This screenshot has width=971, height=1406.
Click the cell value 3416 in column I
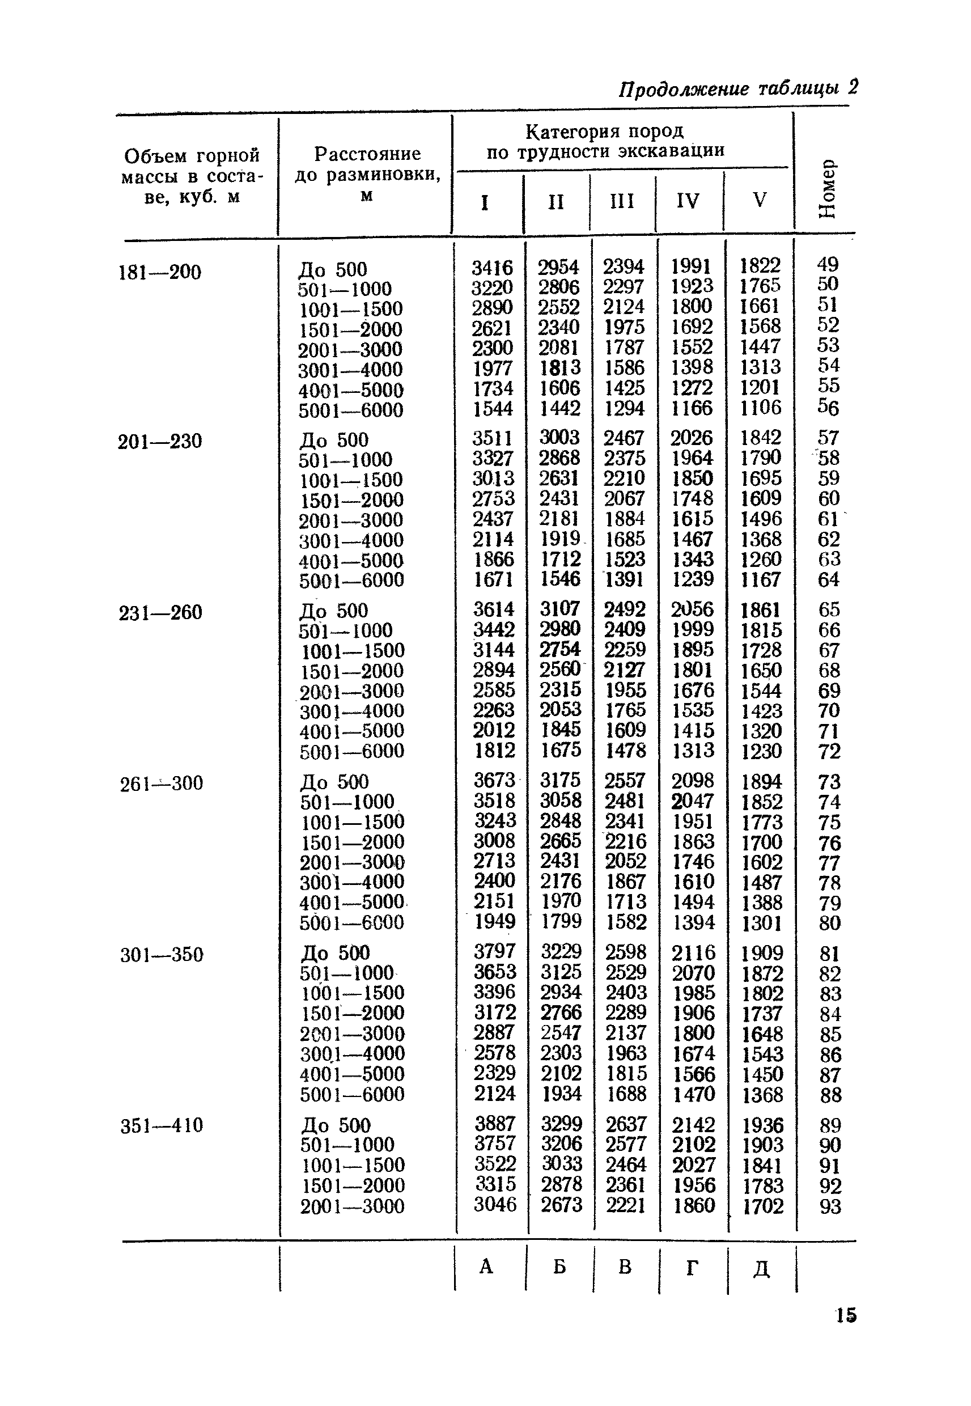coord(492,268)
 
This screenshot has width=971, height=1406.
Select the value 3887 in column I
coord(495,1124)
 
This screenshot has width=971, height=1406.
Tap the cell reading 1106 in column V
coord(761,408)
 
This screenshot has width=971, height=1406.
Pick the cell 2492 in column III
coord(625,609)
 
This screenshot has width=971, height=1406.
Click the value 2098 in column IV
coord(693,781)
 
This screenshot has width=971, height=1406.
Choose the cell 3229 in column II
coord(562,951)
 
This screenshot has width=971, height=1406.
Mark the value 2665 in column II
coord(561,841)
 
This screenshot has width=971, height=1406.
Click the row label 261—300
coord(161,784)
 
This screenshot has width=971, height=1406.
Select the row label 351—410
coord(161,1125)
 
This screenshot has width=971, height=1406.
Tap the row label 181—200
coord(159,272)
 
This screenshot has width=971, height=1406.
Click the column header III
coord(622,201)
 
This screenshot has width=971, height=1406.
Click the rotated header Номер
coord(827,189)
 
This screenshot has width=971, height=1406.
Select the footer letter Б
coord(559,1267)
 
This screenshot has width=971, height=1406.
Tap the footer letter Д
coord(762,1268)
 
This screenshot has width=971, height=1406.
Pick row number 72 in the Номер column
coord(829,751)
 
